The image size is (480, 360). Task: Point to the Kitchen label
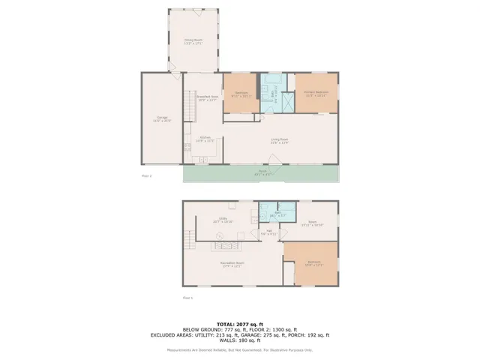pos(205,139)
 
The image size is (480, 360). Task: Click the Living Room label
pos(280,139)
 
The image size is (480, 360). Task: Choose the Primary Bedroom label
pos(316,93)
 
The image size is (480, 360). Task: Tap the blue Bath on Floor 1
pos(268,214)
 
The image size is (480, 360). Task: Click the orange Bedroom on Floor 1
pos(315,263)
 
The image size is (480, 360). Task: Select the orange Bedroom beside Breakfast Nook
pos(241,94)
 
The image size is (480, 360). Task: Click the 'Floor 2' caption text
pos(147,175)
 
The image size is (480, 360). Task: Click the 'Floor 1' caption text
pos(188,298)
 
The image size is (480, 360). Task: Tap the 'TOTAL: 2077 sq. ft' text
pos(239,322)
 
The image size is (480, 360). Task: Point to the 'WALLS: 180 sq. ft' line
pos(239,340)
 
